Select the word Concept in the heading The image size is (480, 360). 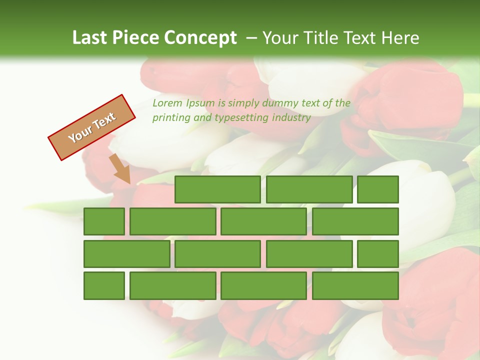[x=201, y=38]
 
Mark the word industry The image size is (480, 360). [x=291, y=118]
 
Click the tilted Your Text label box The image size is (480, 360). [x=92, y=127]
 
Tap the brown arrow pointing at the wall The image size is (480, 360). [x=120, y=168]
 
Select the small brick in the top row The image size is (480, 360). [x=378, y=189]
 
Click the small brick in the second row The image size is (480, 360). [x=104, y=221]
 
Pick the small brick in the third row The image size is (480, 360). [x=378, y=254]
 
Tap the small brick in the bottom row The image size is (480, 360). [x=104, y=286]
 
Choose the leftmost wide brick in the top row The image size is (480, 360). [x=217, y=189]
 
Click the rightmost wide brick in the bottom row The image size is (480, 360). [x=355, y=286]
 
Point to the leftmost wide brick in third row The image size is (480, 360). [x=127, y=254]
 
